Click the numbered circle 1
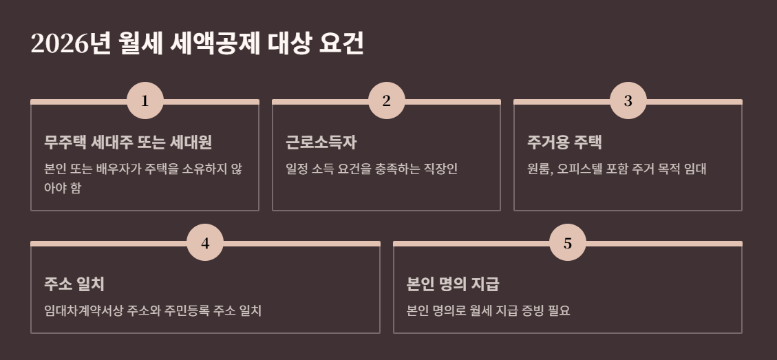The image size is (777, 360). tap(145, 101)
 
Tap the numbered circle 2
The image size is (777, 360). tap(386, 101)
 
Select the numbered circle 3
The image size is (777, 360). tap(628, 101)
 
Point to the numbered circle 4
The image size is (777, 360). tap(205, 243)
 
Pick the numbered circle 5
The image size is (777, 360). tap(568, 243)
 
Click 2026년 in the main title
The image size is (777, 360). tap(70, 45)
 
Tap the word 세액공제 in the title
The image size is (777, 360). tap(215, 45)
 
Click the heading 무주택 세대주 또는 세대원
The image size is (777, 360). tap(128, 142)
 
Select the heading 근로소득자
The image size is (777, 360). tap(321, 142)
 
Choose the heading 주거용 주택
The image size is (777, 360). tap(564, 142)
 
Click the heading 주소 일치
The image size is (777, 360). tap(74, 284)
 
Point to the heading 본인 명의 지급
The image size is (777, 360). tap(453, 284)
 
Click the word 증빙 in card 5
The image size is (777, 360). tap(525, 310)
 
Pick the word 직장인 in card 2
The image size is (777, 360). tap(441, 169)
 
